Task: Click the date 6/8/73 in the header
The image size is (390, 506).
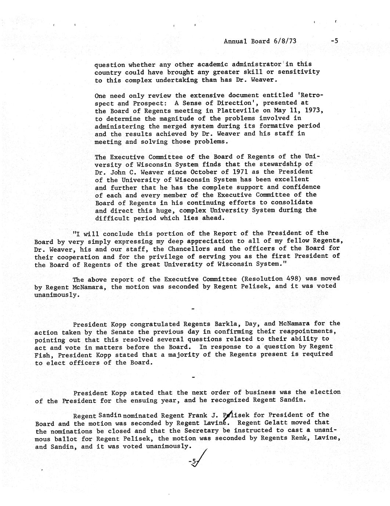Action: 285,41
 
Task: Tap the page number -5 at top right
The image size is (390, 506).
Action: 334,41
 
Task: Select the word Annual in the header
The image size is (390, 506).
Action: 236,41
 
